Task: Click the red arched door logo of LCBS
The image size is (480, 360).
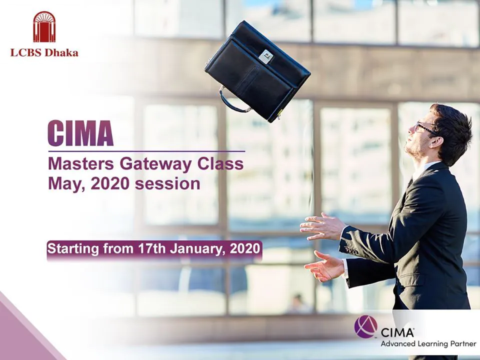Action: pos(44,26)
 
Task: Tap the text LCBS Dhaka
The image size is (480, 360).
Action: pos(44,52)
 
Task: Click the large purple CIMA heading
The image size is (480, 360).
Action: pos(80,133)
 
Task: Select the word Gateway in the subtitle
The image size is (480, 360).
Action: pos(156,164)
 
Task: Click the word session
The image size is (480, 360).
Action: pos(167,184)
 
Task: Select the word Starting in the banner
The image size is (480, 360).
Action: pos(73,249)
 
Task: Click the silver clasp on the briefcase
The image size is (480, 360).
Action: pos(265,57)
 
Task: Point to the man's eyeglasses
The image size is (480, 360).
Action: pos(426,128)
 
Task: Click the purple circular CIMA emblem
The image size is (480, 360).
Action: pos(366,327)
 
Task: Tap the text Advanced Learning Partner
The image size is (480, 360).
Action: pos(428,344)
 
